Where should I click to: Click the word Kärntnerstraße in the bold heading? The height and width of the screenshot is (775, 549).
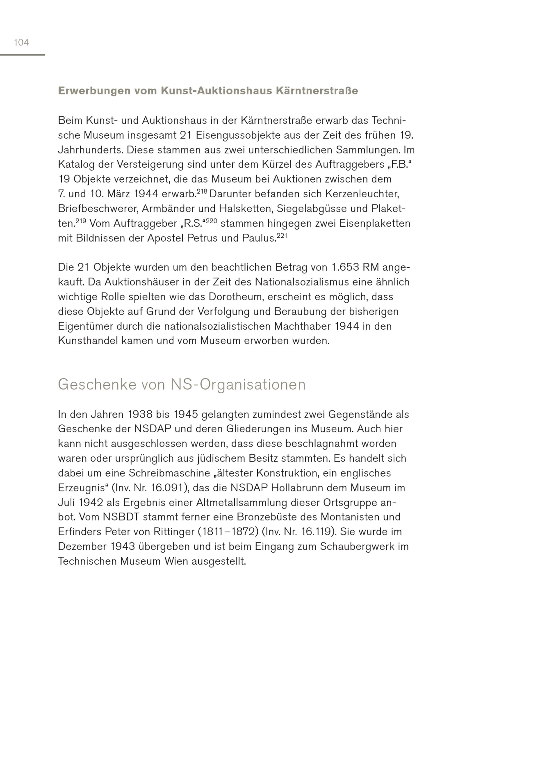(x=317, y=91)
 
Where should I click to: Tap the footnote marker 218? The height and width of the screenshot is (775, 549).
(x=202, y=191)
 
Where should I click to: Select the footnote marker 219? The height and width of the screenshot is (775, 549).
(x=81, y=221)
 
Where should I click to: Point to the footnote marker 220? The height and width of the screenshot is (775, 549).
(x=211, y=221)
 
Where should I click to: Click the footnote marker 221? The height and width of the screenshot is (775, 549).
(x=282, y=236)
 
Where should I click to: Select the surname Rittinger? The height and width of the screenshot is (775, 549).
(x=173, y=532)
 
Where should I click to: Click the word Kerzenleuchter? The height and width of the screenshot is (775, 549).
(x=362, y=194)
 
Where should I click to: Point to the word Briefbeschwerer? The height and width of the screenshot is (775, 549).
(x=98, y=209)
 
